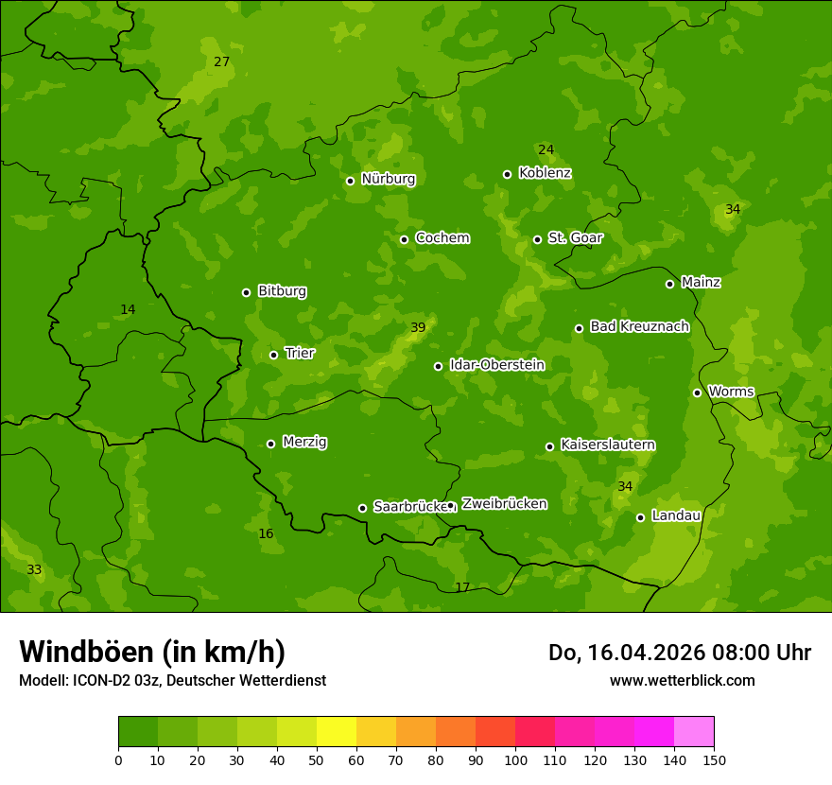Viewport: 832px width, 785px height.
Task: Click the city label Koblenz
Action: [x=545, y=173]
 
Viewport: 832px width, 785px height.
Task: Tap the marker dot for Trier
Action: [x=274, y=355]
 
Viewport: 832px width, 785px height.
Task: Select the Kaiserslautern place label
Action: [x=608, y=445]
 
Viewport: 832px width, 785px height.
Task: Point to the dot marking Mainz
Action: [x=669, y=284]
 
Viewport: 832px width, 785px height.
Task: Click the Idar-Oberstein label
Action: [x=496, y=365]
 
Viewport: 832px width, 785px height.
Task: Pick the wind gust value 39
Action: [x=418, y=328]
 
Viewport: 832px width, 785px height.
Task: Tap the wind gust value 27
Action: [x=221, y=62]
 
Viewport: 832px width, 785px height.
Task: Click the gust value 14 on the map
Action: [x=128, y=310]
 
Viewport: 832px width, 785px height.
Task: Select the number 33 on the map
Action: [x=34, y=570]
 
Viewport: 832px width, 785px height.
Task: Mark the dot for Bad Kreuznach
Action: [x=579, y=328]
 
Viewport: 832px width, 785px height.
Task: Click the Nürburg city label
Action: [x=388, y=179]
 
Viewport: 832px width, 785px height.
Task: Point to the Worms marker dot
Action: [x=697, y=392]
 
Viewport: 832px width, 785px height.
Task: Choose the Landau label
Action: [x=676, y=515]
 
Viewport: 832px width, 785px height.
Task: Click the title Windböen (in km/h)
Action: [x=152, y=652]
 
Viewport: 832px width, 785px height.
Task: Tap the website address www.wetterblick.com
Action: [x=682, y=680]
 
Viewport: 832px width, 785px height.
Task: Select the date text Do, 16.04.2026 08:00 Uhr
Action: [x=679, y=653]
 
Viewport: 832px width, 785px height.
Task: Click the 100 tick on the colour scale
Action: [x=515, y=759]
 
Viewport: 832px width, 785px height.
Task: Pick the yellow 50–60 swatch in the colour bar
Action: [x=337, y=732]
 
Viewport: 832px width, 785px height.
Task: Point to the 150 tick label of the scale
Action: [x=714, y=759]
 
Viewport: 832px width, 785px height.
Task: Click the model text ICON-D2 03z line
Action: [x=172, y=680]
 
